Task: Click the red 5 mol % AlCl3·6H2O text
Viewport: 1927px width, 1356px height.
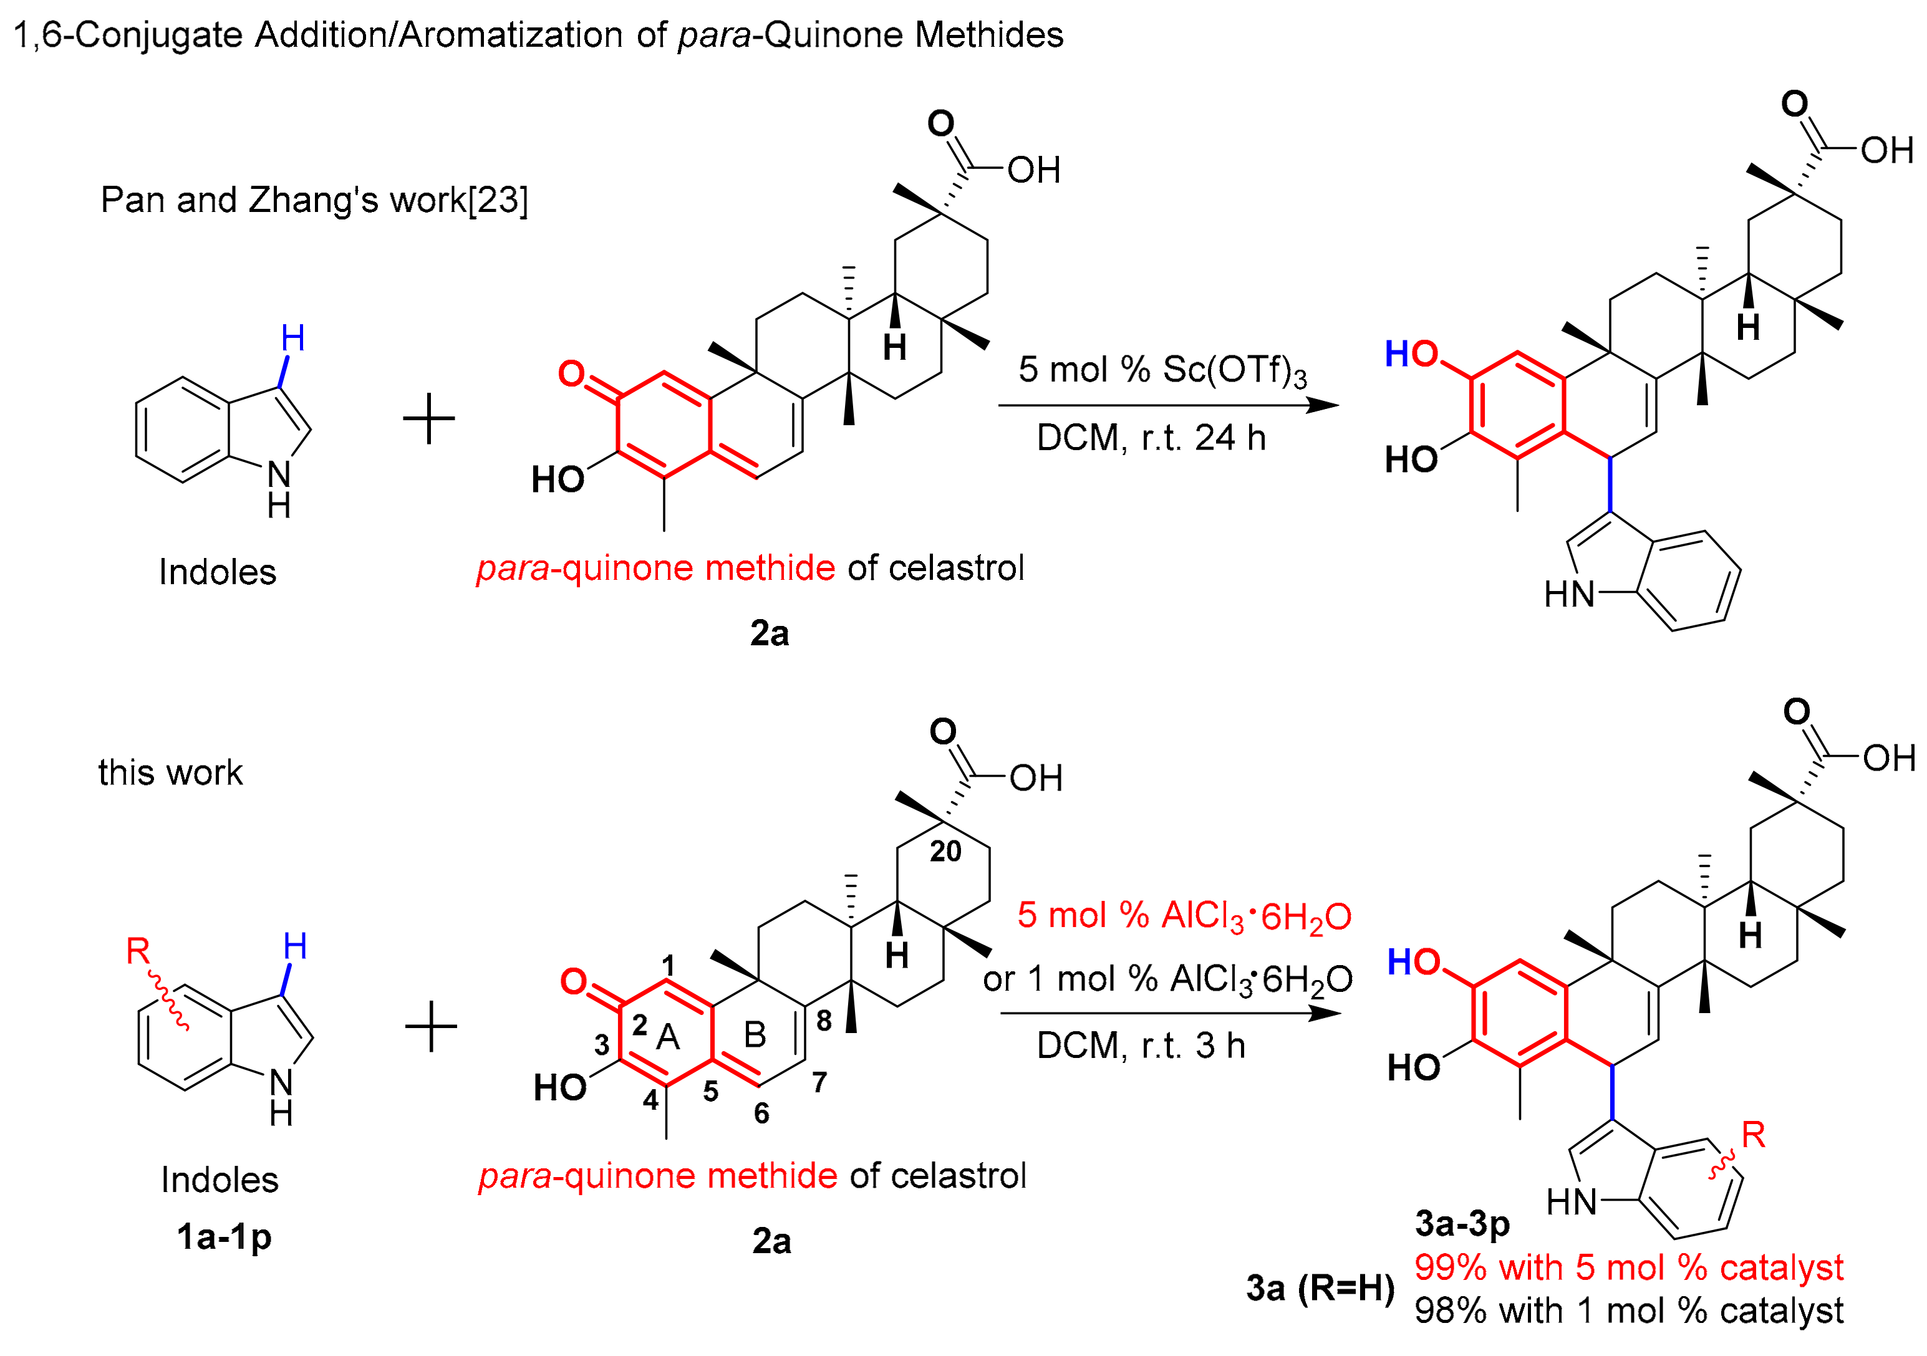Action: [x=1184, y=915]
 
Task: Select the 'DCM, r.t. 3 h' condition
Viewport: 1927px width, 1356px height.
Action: [x=1141, y=1046]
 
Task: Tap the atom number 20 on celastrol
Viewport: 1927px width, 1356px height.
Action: [x=945, y=852]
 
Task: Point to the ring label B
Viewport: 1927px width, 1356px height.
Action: [x=755, y=1036]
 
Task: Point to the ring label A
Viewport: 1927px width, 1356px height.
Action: [x=668, y=1038]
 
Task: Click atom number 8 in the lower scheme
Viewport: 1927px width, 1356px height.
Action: [x=824, y=1021]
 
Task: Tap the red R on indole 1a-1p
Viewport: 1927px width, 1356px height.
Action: [x=138, y=951]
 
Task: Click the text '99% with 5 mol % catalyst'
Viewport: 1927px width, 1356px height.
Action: [x=1628, y=1267]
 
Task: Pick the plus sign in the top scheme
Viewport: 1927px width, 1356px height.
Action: [x=429, y=418]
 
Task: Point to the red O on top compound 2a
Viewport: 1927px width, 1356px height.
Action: [x=572, y=373]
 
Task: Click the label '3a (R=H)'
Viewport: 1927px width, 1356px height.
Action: [x=1320, y=1288]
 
